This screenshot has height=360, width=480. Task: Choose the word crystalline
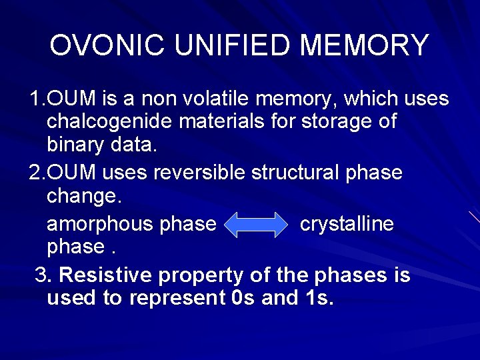[x=347, y=224]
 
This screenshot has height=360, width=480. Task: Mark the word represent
[x=175, y=299]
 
